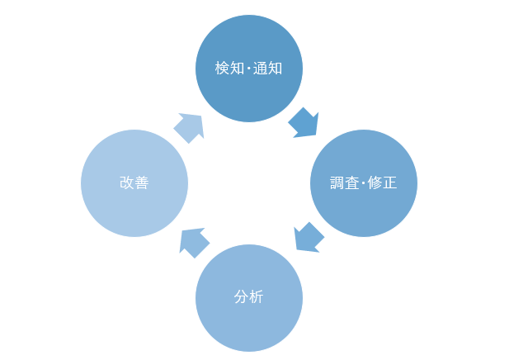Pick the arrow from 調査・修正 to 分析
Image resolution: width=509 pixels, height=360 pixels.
(x=309, y=238)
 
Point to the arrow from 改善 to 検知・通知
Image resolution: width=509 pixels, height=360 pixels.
(x=189, y=127)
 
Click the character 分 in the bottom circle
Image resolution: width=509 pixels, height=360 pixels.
(x=241, y=297)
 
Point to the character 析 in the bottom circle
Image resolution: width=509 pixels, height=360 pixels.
(x=257, y=297)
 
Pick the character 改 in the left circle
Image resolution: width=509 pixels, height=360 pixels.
(x=126, y=183)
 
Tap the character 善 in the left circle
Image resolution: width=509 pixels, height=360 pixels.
(x=142, y=183)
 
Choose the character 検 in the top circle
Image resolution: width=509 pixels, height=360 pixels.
(x=221, y=69)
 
